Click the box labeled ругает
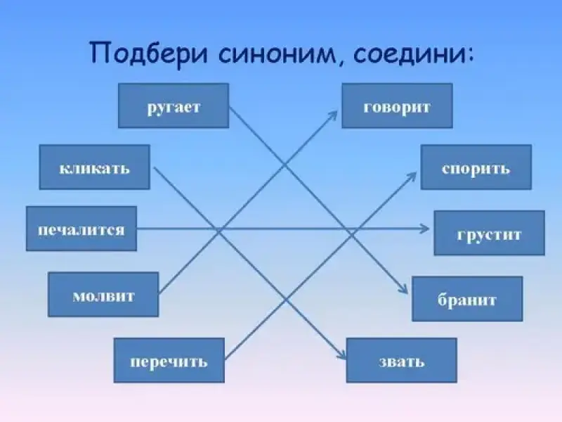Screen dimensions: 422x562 pos(174,105)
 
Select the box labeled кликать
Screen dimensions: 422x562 pos(94,167)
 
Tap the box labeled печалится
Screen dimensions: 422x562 pos(81,229)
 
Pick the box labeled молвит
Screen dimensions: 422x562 pos(103,294)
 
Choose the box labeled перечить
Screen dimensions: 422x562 pos(169,360)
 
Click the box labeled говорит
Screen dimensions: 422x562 pos(397,105)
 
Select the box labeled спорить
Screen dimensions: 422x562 pos(476,167)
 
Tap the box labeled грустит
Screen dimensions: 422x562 pos(489,233)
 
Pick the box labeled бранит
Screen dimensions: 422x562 pos(467,299)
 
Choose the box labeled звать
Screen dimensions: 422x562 pos(401,360)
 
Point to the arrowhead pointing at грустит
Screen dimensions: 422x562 pos(425,229)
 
